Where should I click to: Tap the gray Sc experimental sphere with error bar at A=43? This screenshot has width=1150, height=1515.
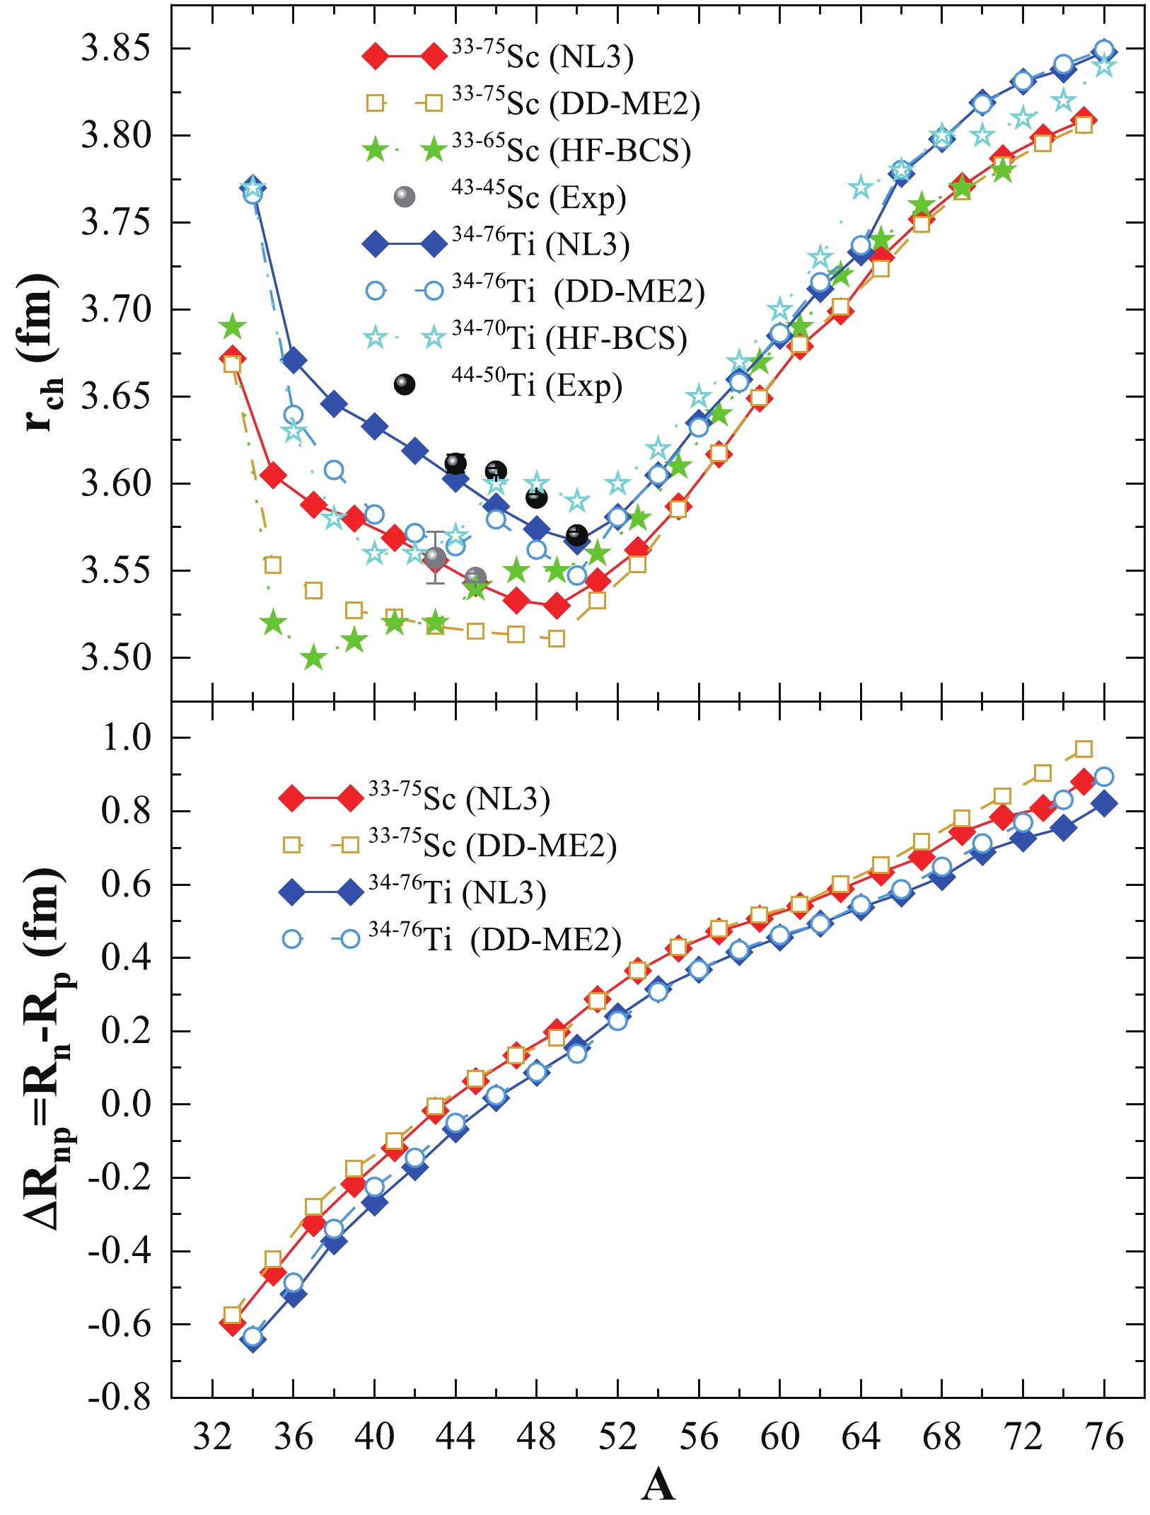[435, 558]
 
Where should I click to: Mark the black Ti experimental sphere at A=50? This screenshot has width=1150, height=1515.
[577, 535]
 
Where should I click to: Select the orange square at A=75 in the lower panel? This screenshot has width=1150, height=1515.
[1083, 749]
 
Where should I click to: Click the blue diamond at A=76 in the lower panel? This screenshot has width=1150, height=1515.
[1104, 803]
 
